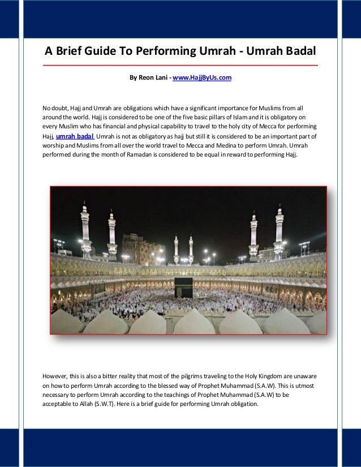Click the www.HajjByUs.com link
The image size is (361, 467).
pyautogui.click(x=202, y=77)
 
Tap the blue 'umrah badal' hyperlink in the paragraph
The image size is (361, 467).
pyautogui.click(x=75, y=136)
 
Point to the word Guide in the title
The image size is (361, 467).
pyautogui.click(x=101, y=52)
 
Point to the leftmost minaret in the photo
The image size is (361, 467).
pyautogui.click(x=85, y=229)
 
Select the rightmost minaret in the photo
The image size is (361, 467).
pyautogui.click(x=279, y=232)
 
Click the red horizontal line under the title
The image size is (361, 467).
pyautogui.click(x=180, y=66)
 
